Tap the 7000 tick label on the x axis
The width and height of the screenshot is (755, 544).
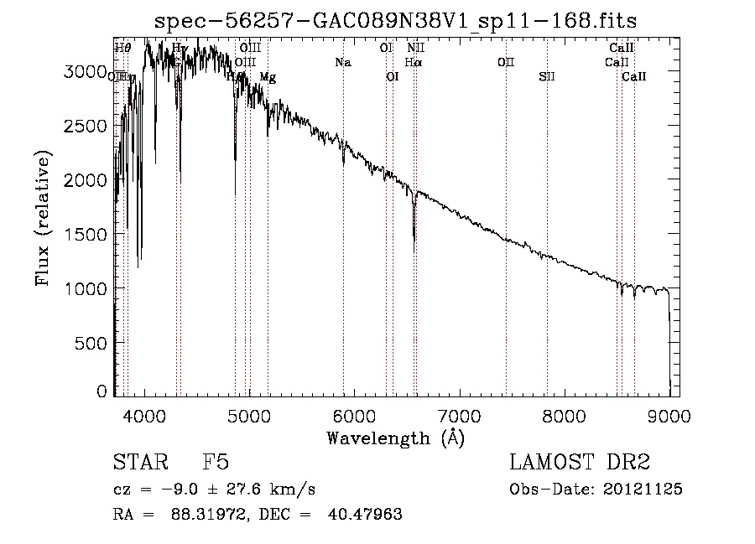460,415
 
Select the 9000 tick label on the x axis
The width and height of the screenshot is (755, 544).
669,415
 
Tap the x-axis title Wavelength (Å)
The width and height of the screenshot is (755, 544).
394,438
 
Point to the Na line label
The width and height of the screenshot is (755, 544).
342,63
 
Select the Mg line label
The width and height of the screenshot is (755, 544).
268,77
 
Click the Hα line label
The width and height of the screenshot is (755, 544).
413,63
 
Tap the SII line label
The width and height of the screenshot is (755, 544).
547,77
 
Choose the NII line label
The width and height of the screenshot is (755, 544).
415,49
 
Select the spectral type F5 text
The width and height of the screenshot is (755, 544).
215,463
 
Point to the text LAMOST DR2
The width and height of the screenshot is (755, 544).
580,463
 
